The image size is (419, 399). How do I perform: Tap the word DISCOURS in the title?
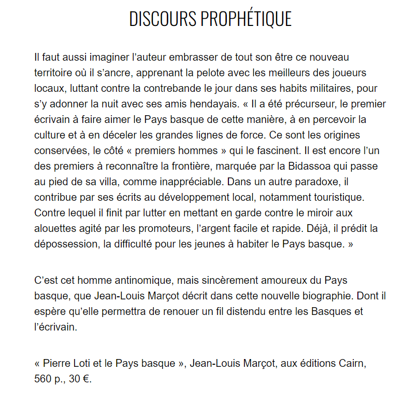[x=162, y=19]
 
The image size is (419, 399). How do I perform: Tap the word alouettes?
[x=55, y=229]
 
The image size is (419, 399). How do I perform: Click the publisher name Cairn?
[x=353, y=363]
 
